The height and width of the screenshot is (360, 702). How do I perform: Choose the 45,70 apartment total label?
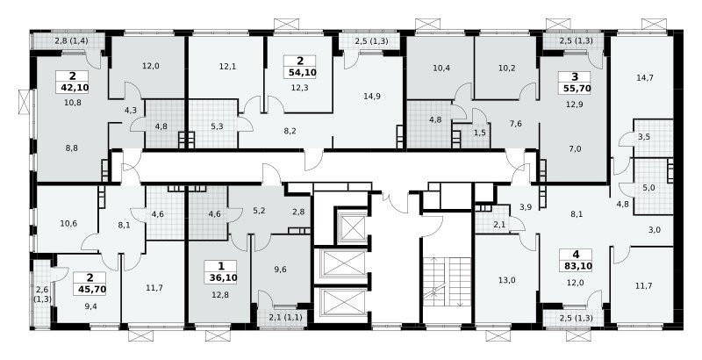(91, 289)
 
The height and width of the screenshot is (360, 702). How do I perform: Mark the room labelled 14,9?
(372, 96)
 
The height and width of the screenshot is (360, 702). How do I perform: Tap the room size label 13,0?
(507, 281)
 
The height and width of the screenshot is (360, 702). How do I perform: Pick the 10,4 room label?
(441, 68)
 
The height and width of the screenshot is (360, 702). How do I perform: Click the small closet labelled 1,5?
(479, 133)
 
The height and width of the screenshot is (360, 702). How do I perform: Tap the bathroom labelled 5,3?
(217, 126)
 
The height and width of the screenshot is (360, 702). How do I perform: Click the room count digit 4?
(577, 255)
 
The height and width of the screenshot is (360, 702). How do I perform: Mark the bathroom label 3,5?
(644, 137)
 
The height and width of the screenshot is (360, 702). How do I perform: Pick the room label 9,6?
(280, 270)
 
